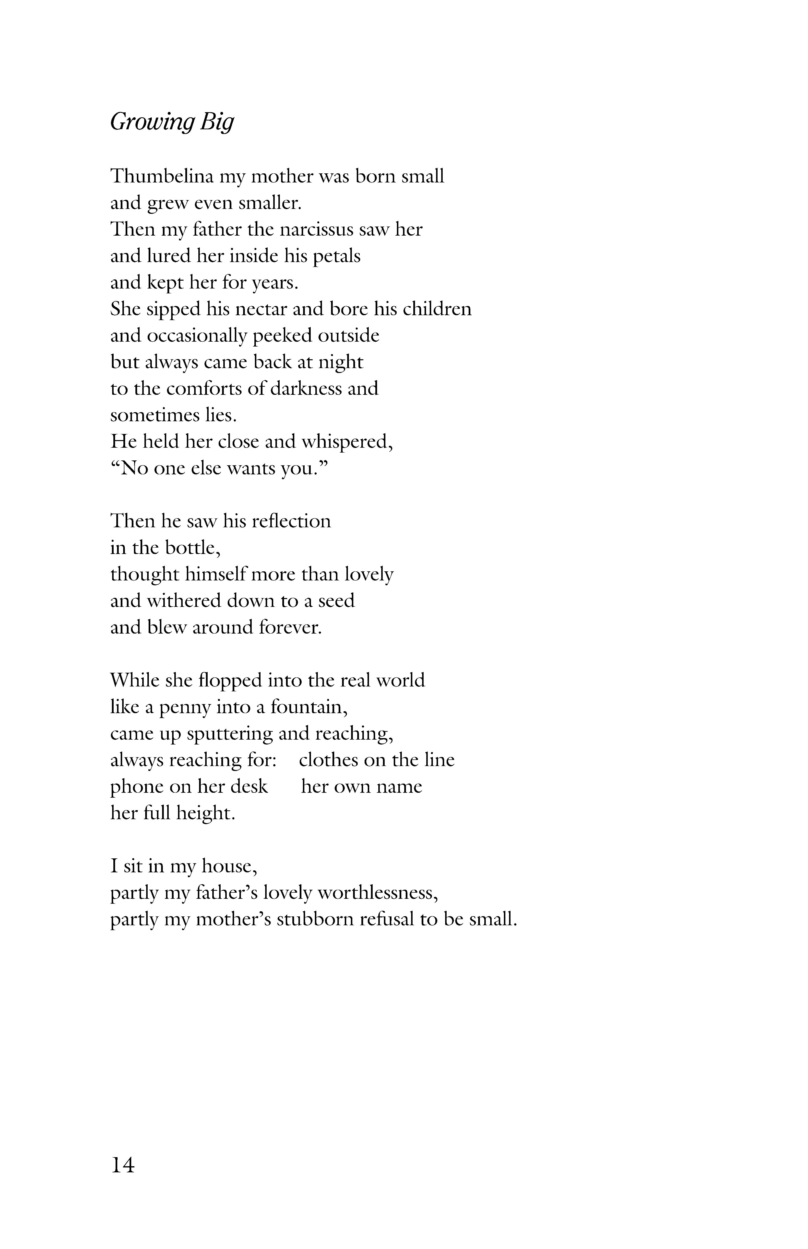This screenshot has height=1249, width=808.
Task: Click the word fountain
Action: click(309, 708)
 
